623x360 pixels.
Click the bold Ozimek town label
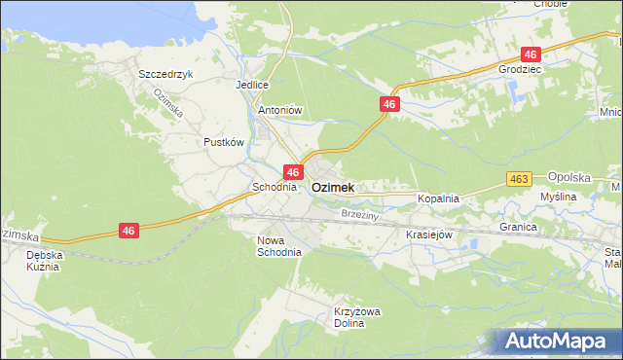click(x=333, y=188)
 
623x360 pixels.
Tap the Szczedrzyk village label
click(x=166, y=74)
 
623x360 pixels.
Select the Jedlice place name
click(x=251, y=85)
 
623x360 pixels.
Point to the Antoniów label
click(x=280, y=111)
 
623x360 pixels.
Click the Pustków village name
click(x=223, y=142)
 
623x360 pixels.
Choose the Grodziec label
click(x=518, y=71)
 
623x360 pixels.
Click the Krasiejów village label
click(x=429, y=234)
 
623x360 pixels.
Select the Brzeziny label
click(x=359, y=213)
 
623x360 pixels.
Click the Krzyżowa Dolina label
click(x=355, y=317)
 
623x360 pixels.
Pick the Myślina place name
click(x=559, y=197)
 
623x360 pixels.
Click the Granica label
click(x=519, y=227)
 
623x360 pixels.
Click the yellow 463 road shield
click(x=518, y=179)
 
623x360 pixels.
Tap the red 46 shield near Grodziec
click(x=530, y=54)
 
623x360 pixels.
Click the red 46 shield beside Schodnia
click(x=292, y=172)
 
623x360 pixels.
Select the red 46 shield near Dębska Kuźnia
click(x=128, y=231)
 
